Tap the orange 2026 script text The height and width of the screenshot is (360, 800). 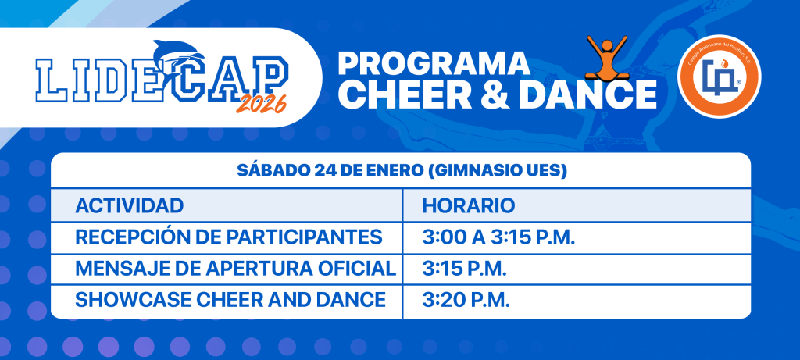click(x=261, y=104)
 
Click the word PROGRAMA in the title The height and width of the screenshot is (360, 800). click(x=434, y=64)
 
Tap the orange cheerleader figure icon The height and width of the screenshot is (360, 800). click(x=606, y=57)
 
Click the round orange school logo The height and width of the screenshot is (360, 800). click(x=719, y=77)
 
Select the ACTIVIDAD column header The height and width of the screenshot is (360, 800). click(x=130, y=205)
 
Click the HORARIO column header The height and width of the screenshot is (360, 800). click(x=469, y=205)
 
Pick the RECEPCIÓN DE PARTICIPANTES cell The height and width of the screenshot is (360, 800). click(x=229, y=237)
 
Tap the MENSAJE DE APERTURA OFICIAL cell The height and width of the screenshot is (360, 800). click(x=236, y=268)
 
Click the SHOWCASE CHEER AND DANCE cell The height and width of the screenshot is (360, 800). click(x=230, y=299)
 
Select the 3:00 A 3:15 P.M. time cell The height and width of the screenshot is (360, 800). click(x=499, y=237)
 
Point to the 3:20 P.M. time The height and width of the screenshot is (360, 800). click(x=466, y=300)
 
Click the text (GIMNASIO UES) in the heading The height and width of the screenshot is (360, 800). click(x=496, y=171)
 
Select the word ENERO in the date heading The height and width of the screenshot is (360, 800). click(x=395, y=171)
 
